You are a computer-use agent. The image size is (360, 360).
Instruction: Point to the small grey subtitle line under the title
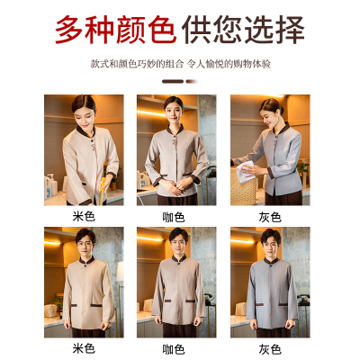click(x=179, y=65)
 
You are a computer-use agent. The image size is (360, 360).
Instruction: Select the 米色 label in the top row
click(x=84, y=217)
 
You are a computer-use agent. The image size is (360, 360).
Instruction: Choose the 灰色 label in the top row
click(x=270, y=217)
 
